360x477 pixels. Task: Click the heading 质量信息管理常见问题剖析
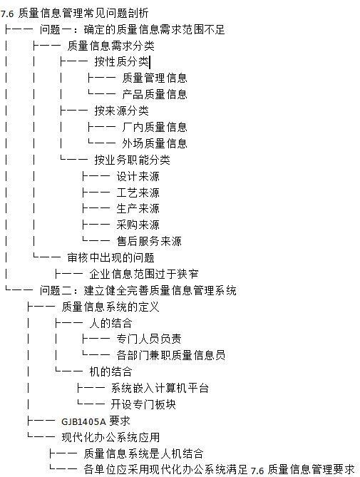83,14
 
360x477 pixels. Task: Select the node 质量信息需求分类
111,46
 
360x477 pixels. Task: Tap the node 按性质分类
122,62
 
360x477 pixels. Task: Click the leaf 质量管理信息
155,78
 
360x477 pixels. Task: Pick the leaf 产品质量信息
155,95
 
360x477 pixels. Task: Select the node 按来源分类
122,111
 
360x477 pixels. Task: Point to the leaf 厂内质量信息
155,127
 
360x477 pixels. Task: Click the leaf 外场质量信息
155,143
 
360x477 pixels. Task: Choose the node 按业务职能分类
133,160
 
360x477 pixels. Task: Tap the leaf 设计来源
138,176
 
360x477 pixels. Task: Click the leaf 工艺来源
138,193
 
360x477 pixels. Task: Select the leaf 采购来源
138,225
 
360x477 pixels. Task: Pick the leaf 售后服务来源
149,242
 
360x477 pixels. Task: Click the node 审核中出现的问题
111,258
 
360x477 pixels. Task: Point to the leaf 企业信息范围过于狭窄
144,274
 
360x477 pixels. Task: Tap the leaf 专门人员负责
149,339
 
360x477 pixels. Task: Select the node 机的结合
111,371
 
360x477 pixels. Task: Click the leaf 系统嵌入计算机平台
160,388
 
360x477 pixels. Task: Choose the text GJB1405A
83,422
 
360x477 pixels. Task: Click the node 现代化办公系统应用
110,438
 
